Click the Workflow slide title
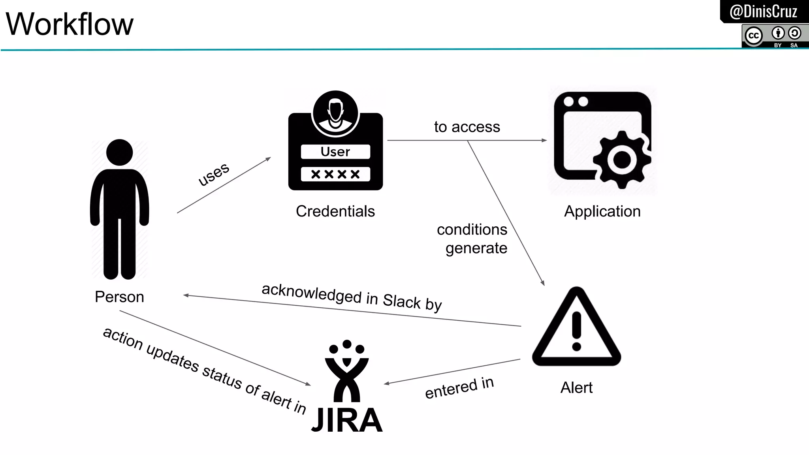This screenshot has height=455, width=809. [70, 24]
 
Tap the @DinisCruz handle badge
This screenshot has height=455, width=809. [763, 11]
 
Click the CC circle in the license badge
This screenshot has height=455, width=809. [754, 36]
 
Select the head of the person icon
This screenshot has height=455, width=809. [119, 152]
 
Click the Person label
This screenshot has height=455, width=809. [119, 297]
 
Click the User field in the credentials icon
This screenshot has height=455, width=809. [335, 152]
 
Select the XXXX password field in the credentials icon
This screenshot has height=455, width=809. [335, 174]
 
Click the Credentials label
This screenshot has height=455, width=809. [335, 211]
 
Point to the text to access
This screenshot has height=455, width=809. [467, 127]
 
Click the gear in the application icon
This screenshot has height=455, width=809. [621, 160]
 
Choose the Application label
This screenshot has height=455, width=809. [602, 211]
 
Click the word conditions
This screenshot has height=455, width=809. [472, 229]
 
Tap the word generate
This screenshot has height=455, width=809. [476, 248]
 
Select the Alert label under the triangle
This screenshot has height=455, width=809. [576, 388]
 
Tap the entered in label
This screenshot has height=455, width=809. [459, 388]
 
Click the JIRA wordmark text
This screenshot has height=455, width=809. [347, 420]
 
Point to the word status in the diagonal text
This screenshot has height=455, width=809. [222, 376]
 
